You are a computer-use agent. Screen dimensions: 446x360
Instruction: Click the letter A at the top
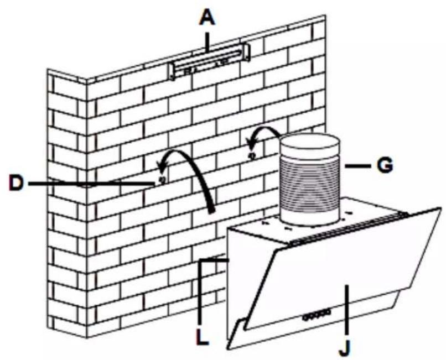pos(208,19)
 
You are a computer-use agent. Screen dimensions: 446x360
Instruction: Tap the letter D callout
pos(17,183)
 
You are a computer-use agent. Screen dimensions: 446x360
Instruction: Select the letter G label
pos(385,165)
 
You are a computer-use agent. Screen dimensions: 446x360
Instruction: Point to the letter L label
pos(203,336)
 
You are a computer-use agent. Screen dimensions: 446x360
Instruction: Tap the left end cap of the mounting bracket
pos(172,72)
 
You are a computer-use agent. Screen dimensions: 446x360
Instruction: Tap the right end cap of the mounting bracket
pos(247,52)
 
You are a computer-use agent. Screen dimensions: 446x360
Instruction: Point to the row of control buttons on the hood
pos(317,315)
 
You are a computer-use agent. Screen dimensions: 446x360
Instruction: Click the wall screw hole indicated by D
pos(163,180)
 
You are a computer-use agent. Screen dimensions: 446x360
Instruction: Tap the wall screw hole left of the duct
pos(251,155)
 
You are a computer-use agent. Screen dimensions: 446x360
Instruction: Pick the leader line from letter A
pos(208,42)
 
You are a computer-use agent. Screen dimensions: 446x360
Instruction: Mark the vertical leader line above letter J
pos(346,310)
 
